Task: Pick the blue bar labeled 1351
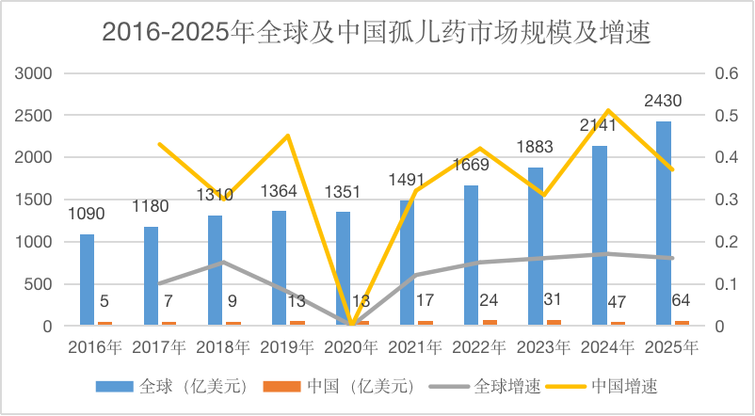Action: (343, 269)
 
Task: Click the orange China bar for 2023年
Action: (554, 323)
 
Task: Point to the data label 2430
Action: (663, 101)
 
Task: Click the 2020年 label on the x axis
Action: (351, 346)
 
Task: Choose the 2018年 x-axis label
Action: (223, 346)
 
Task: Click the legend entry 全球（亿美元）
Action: (181, 385)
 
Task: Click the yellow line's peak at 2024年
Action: (608, 111)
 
